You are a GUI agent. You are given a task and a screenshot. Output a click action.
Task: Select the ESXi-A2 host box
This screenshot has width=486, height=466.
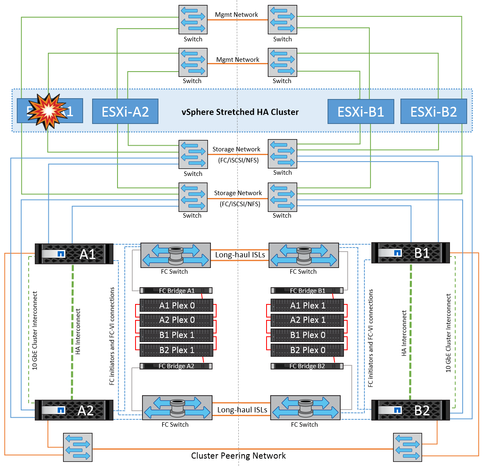click(x=125, y=111)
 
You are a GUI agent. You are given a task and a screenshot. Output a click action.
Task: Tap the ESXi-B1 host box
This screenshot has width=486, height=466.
click(x=361, y=112)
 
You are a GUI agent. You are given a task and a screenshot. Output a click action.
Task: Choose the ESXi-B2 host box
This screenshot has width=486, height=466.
click(x=433, y=112)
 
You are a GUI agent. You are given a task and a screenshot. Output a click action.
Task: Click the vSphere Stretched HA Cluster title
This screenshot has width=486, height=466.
click(x=240, y=112)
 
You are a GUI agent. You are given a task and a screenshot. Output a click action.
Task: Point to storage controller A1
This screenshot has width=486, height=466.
click(x=74, y=254)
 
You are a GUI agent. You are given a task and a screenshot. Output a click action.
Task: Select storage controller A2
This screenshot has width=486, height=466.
click(x=74, y=410)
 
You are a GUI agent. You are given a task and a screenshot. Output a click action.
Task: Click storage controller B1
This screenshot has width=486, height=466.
click(x=410, y=253)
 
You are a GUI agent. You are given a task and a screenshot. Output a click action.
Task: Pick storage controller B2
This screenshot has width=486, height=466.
click(x=410, y=410)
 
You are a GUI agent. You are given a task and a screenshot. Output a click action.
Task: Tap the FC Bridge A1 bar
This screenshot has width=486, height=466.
click(x=176, y=290)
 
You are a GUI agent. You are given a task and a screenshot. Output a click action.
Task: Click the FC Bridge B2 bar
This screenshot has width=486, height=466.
click(x=307, y=366)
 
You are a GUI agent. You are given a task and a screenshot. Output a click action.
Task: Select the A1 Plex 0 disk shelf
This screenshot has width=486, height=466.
click(x=176, y=306)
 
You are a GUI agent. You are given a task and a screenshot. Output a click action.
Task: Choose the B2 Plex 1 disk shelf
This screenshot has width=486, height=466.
click(x=176, y=350)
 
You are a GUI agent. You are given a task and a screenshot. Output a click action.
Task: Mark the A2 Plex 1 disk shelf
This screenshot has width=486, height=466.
click(x=307, y=320)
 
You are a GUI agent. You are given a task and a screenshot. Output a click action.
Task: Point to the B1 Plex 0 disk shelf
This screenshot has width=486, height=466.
click(x=307, y=335)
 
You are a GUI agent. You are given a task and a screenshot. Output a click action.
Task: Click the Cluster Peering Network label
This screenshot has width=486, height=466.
click(x=238, y=456)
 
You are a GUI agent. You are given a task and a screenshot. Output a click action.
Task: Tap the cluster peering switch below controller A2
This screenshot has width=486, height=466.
click(x=78, y=448)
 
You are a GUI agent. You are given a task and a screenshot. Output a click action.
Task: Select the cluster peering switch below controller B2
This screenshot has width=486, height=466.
click(x=407, y=448)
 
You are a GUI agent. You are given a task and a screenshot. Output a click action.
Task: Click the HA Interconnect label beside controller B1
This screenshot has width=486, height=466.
click(x=404, y=333)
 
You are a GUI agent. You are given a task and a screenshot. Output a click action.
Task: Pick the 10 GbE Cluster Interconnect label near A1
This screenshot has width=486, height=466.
click(x=35, y=331)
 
